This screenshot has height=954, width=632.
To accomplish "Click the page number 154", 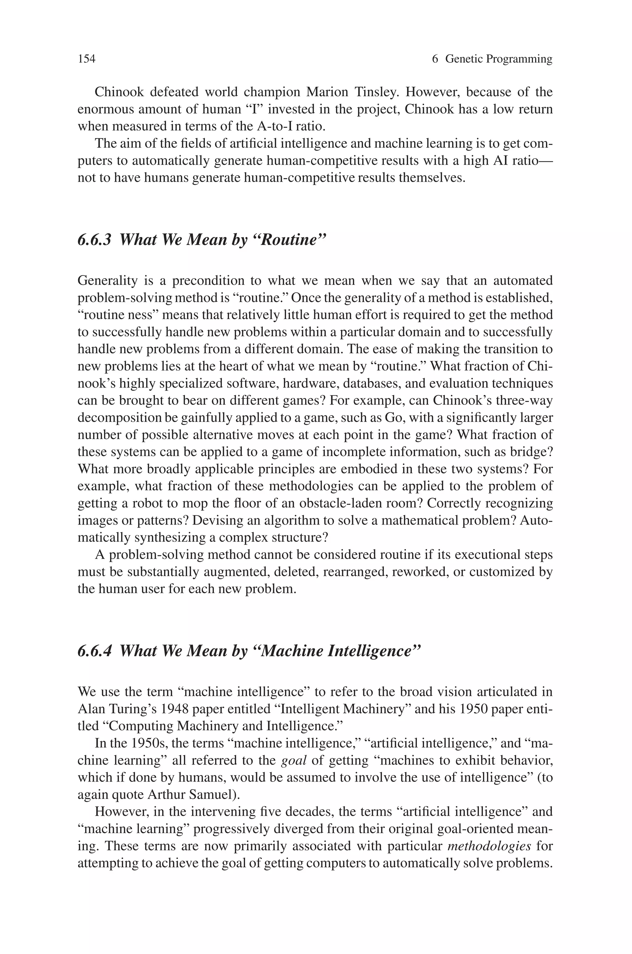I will (86, 59).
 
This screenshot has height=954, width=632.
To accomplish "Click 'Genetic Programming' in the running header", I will (499, 59).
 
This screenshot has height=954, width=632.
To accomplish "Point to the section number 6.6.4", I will (94, 651).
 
